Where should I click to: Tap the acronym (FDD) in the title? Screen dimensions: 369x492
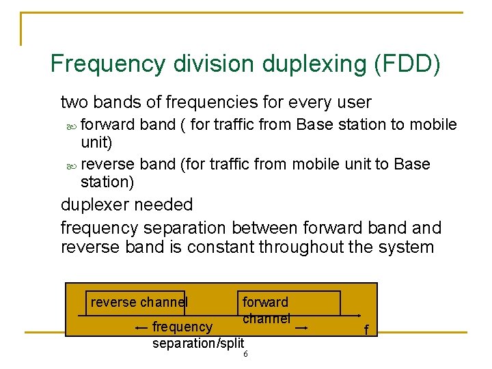pos(407,64)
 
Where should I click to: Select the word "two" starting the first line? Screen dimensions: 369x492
pos(74,103)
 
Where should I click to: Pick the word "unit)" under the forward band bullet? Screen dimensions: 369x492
pos(96,142)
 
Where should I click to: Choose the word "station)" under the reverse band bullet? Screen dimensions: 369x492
pos(107,182)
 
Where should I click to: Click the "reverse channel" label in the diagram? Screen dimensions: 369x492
pos(138,302)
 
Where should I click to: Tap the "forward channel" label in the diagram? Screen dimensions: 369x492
pos(266,310)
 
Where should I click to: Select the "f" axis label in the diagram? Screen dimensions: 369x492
pos(366,330)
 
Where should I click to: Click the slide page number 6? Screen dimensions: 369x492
pos(245,354)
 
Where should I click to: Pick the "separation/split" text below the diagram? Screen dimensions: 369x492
pos(197,342)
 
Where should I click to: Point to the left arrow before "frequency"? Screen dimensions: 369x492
pos(142,328)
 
